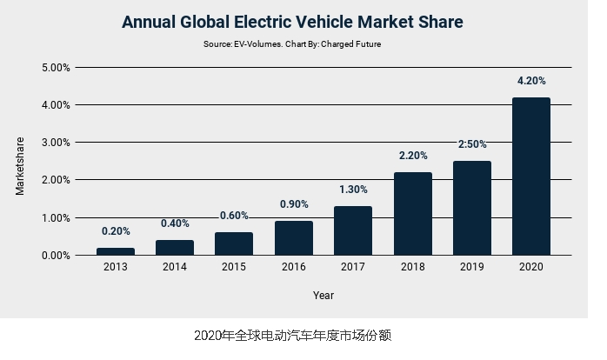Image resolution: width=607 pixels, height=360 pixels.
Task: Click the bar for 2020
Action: tap(530, 177)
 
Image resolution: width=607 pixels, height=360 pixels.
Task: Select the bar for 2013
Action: tap(116, 251)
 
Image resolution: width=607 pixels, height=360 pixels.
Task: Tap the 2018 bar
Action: tap(412, 214)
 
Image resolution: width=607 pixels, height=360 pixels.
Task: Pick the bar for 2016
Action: tap(294, 238)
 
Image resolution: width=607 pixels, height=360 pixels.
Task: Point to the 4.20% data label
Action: tap(530, 81)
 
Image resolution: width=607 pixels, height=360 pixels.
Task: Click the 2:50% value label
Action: tap(471, 144)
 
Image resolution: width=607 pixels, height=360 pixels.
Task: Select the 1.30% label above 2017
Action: tap(353, 190)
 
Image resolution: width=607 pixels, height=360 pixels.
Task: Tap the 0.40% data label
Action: tap(175, 223)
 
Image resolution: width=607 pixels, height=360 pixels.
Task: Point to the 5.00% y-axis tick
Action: tap(57, 67)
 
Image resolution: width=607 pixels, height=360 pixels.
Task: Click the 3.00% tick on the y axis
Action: tap(57, 143)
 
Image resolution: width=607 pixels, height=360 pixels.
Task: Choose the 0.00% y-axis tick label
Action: tap(57, 256)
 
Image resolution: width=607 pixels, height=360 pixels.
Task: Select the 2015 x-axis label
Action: tap(234, 268)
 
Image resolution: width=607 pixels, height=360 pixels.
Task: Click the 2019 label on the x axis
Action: tap(471, 268)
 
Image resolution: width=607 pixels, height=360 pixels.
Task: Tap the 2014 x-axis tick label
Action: tap(175, 268)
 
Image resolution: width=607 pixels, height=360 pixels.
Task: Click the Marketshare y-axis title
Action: tap(21, 164)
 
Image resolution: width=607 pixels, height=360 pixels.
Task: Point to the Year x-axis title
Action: tap(324, 296)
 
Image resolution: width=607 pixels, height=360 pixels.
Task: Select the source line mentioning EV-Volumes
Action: tap(292, 43)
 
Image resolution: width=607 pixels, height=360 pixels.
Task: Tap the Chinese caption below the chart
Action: tap(299, 335)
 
